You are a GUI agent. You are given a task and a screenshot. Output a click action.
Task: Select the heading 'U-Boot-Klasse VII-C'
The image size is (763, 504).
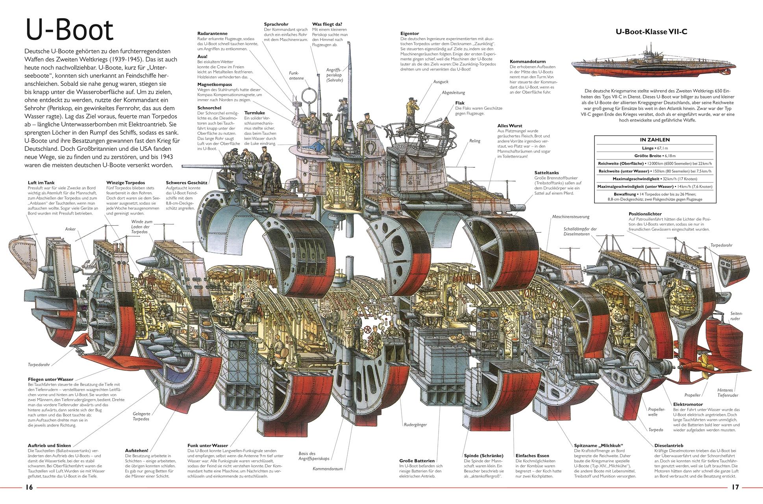[x=651, y=32]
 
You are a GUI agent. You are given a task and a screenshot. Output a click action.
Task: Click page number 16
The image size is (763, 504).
[x=29, y=487]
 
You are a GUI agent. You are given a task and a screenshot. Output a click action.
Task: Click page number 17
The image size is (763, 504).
[x=735, y=487]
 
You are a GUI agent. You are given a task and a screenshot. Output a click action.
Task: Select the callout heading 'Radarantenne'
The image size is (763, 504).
[x=212, y=34]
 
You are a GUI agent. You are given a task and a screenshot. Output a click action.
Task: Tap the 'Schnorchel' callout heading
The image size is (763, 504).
[x=209, y=107]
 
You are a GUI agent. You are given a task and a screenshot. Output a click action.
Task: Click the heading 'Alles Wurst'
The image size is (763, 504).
[x=510, y=126]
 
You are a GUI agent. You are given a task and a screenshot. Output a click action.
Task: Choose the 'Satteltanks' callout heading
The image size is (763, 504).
[x=546, y=172]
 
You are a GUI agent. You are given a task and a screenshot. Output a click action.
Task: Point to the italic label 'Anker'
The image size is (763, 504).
[x=70, y=229]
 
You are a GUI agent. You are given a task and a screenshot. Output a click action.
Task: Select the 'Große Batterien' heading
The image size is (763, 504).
[x=417, y=460]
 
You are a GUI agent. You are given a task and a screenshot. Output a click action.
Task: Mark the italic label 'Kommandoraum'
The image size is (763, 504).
[x=328, y=469]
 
